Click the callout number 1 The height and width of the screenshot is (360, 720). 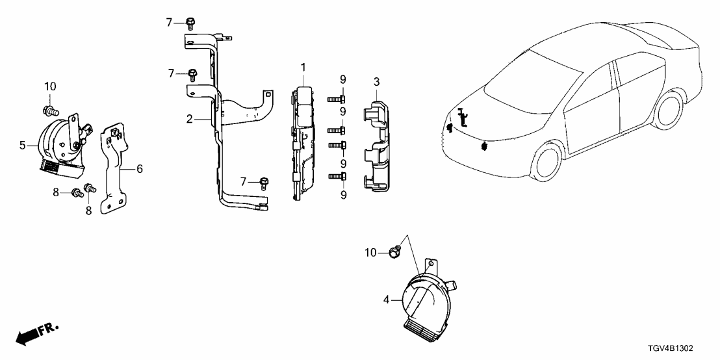pos(302,68)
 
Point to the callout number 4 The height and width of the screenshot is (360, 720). pos(387,300)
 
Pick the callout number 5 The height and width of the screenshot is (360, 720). pos(23,146)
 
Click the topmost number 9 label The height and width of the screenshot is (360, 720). pos(342,80)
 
